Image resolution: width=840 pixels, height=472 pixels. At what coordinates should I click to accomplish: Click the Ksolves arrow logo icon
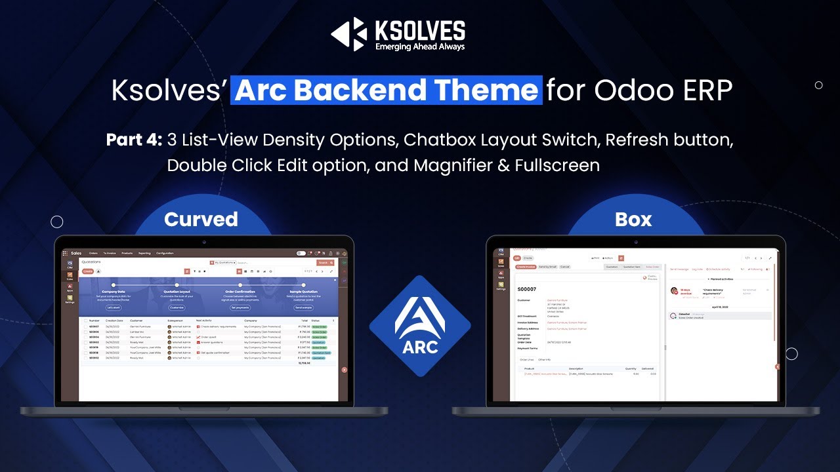pyautogui.click(x=348, y=34)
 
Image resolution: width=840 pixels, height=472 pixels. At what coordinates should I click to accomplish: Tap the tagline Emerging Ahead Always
pyautogui.click(x=419, y=47)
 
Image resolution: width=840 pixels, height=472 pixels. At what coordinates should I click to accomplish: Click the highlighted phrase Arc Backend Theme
pyautogui.click(x=387, y=90)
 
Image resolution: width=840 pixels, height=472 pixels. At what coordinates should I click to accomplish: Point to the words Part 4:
pyautogui.click(x=134, y=140)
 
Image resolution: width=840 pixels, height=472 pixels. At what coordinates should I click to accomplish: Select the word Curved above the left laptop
pyautogui.click(x=201, y=219)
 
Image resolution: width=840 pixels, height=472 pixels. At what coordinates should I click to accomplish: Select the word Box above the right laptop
pyautogui.click(x=633, y=219)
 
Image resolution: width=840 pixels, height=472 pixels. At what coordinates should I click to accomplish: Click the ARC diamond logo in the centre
pyautogui.click(x=420, y=326)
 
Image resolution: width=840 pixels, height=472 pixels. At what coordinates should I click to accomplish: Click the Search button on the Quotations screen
pyautogui.click(x=322, y=262)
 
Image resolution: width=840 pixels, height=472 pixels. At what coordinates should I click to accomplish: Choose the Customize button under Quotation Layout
pyautogui.click(x=177, y=307)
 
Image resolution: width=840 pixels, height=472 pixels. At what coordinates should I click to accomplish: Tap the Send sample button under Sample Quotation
pyautogui.click(x=303, y=307)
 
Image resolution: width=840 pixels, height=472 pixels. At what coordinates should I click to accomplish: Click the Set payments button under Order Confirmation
pyautogui.click(x=240, y=307)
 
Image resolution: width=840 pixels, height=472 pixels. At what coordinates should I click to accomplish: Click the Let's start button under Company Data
pyautogui.click(x=114, y=307)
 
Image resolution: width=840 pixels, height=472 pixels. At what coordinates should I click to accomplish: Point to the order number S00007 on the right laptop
pyautogui.click(x=527, y=288)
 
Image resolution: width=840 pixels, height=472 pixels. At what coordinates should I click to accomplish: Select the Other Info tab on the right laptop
pyautogui.click(x=545, y=359)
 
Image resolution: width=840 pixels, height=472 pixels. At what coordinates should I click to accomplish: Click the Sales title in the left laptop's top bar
pyautogui.click(x=76, y=253)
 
